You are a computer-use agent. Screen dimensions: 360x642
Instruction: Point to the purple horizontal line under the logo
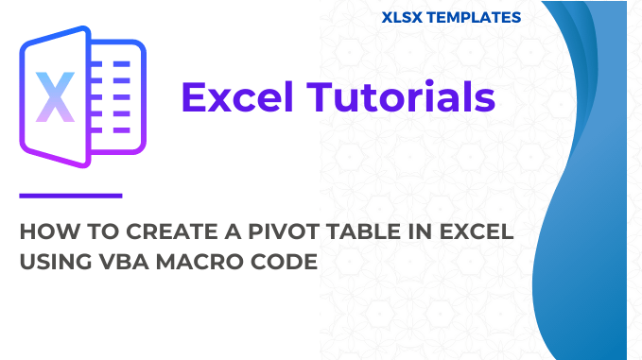(x=71, y=196)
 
